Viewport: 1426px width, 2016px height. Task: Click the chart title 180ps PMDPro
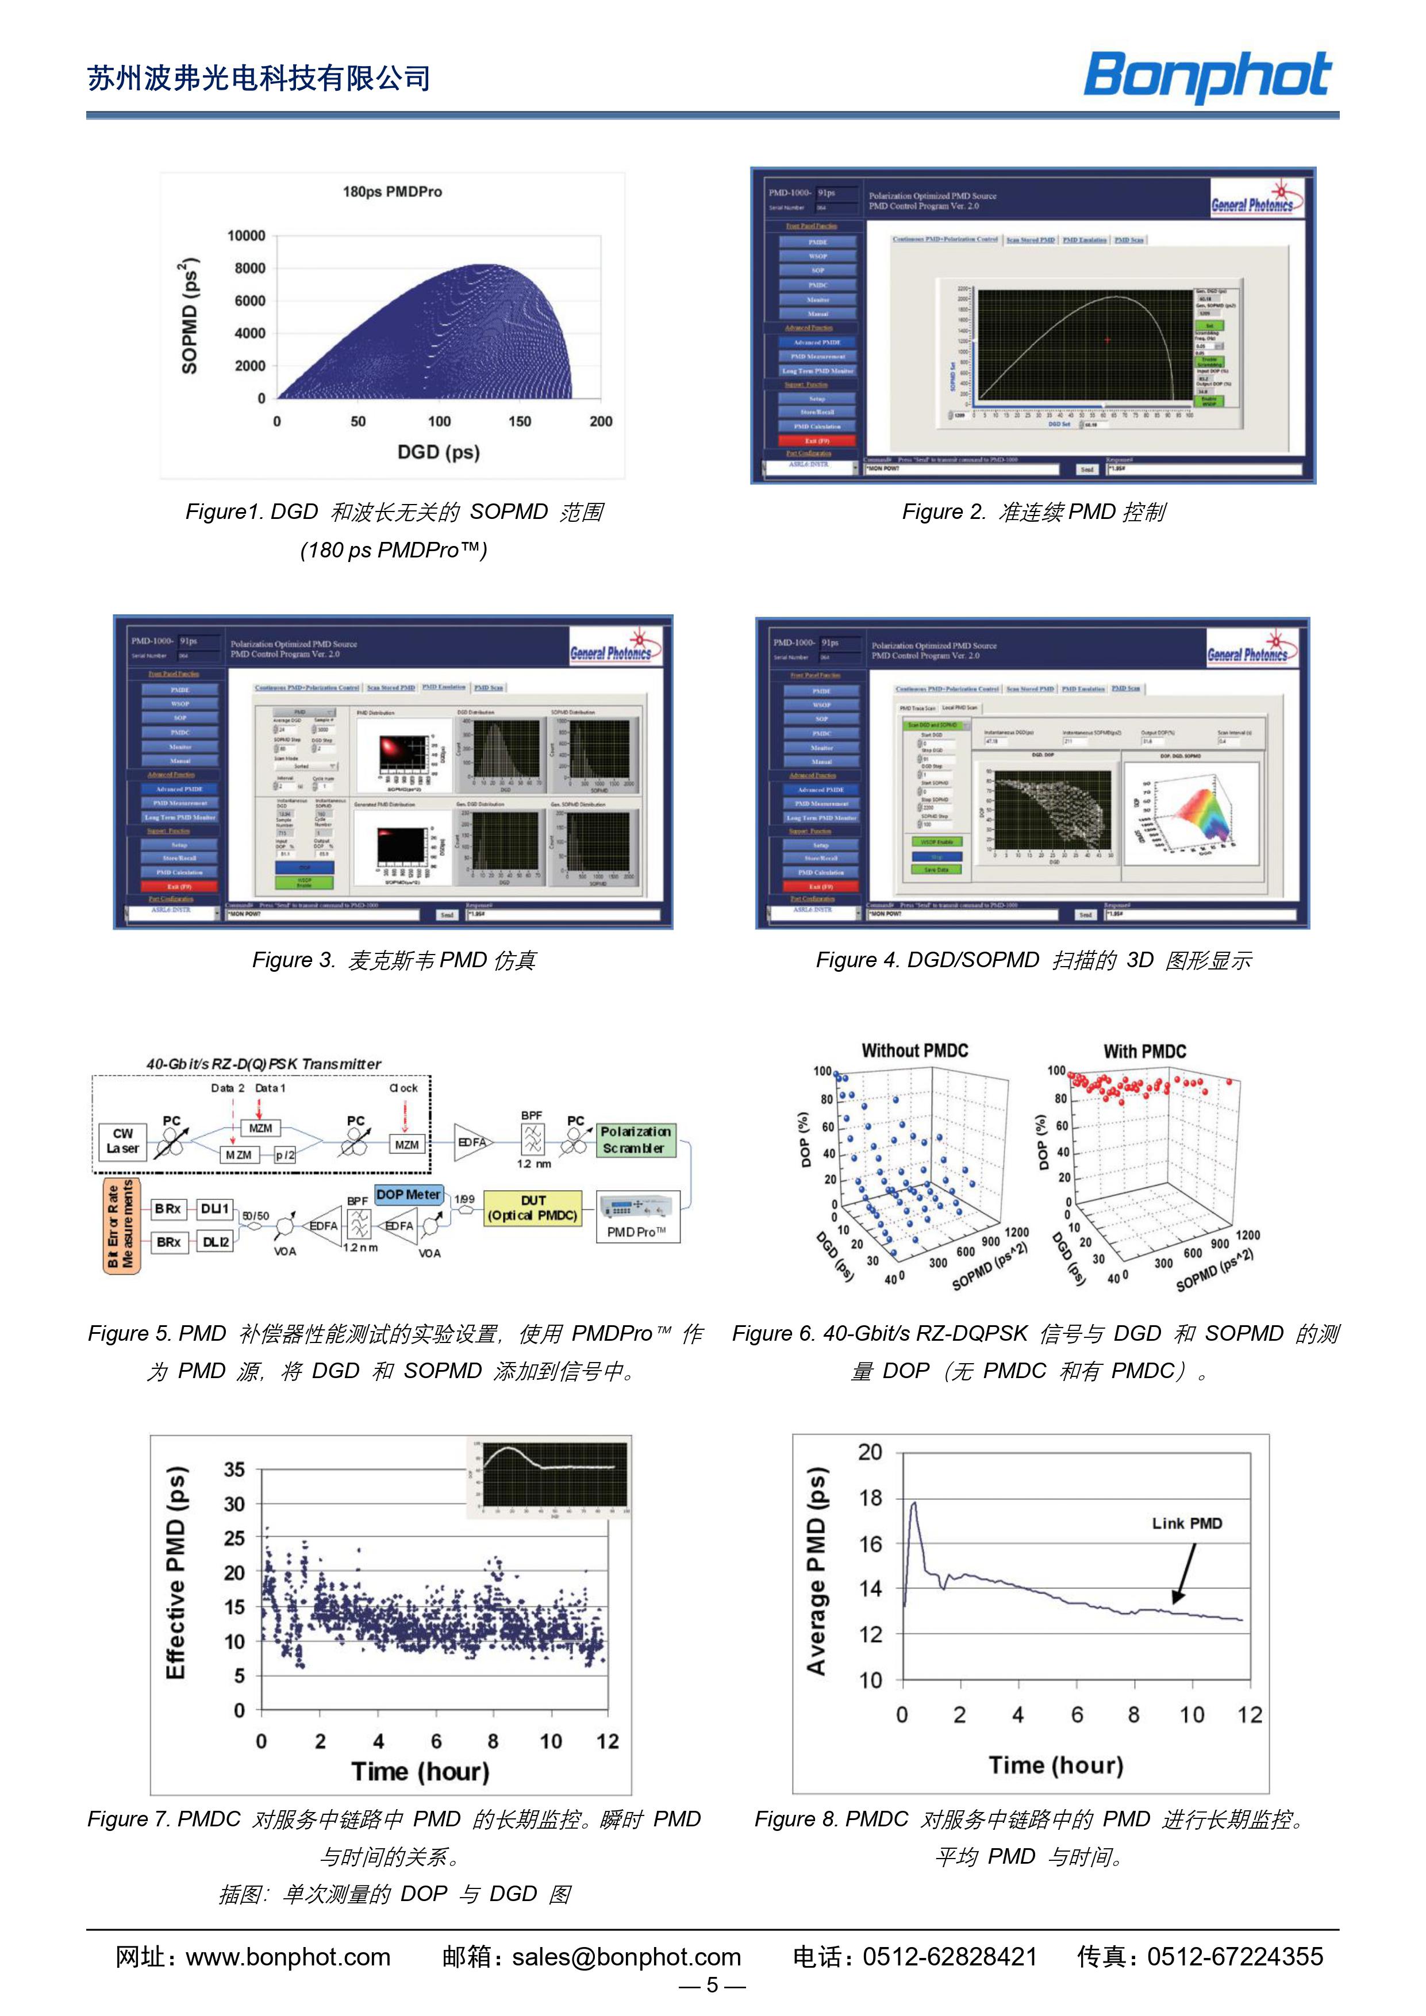click(x=391, y=191)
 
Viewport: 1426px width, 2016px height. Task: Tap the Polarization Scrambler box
click(x=636, y=1140)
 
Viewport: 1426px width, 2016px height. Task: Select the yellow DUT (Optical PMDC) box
click(x=532, y=1207)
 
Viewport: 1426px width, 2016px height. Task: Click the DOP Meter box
click(x=408, y=1194)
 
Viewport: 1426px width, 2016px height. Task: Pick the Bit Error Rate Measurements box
click(x=121, y=1225)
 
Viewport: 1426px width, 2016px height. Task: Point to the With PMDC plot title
click(x=1144, y=1051)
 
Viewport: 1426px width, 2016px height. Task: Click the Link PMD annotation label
click(x=1186, y=1523)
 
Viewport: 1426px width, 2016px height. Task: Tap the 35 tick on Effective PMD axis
click(x=235, y=1470)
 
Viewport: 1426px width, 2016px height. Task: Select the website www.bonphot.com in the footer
click(x=288, y=1957)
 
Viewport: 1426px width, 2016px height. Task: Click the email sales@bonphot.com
click(x=626, y=1957)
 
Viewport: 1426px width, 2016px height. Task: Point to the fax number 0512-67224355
click(x=1233, y=1957)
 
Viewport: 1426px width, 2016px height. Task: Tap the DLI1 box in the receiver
click(x=215, y=1209)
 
